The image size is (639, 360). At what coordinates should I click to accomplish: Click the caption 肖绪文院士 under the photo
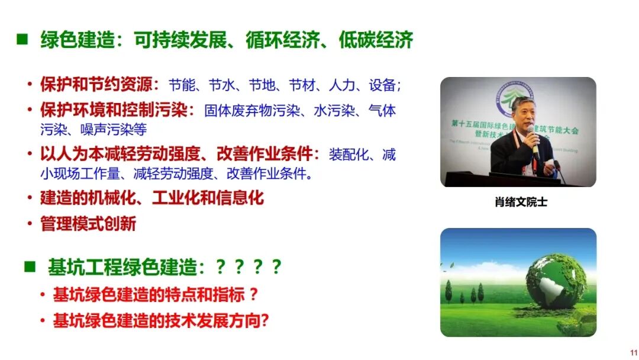521,202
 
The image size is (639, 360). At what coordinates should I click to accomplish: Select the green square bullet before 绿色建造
22,40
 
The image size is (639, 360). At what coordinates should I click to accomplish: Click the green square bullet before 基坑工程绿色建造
30,267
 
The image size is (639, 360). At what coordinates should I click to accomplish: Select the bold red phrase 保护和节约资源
94,84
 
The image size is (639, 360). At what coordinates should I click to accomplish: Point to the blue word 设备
382,85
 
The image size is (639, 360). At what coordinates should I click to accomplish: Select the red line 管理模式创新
88,224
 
